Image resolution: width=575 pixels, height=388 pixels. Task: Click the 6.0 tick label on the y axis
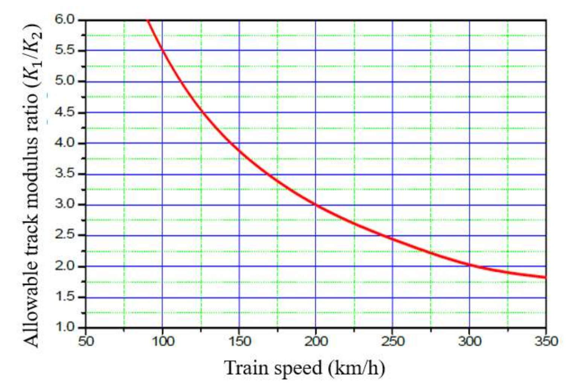pyautogui.click(x=65, y=19)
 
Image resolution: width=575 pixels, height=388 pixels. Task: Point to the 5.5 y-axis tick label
pyautogui.click(x=65, y=50)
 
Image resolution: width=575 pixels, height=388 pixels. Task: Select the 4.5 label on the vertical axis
pyautogui.click(x=65, y=112)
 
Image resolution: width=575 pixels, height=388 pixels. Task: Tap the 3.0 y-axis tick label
pyautogui.click(x=65, y=205)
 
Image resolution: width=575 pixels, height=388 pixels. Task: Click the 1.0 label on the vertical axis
pyautogui.click(x=65, y=327)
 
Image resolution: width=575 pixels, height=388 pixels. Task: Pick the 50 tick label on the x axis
pyautogui.click(x=86, y=341)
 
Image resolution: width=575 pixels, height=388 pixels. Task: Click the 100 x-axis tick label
pyautogui.click(x=163, y=341)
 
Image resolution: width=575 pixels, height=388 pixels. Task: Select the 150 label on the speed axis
pyautogui.click(x=239, y=341)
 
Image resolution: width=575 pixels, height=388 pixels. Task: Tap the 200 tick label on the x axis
pyautogui.click(x=316, y=341)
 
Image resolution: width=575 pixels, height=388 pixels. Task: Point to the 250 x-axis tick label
pyautogui.click(x=393, y=341)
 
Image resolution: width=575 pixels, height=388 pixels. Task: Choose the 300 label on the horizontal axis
pyautogui.click(x=470, y=341)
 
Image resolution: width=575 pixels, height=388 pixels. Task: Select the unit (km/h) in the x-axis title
pyautogui.click(x=356, y=368)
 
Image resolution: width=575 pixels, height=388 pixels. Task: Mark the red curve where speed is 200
pyautogui.click(x=316, y=205)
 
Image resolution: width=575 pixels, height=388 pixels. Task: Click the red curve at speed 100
pyautogui.click(x=162, y=50)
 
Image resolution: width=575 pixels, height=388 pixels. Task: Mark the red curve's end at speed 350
pyautogui.click(x=545, y=278)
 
